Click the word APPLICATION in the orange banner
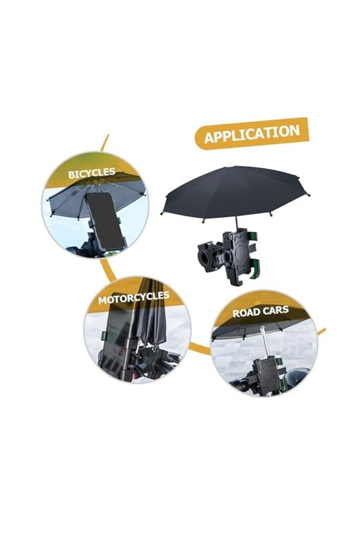(x=252, y=134)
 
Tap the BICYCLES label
(x=92, y=173)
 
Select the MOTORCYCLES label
(x=134, y=297)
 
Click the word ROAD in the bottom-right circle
(x=246, y=313)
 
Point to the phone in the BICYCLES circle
(x=104, y=220)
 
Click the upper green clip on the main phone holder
(x=253, y=236)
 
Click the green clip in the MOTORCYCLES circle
(x=104, y=335)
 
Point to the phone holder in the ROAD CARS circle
(x=267, y=376)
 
